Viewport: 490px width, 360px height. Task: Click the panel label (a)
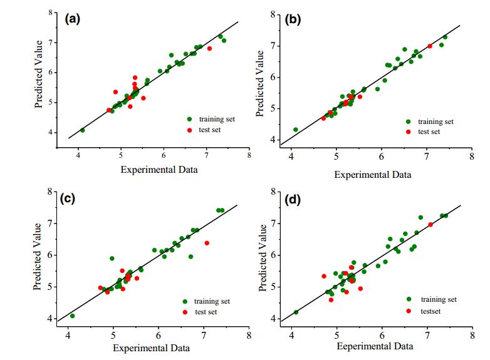click(73, 18)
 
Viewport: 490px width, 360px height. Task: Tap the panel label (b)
click(293, 19)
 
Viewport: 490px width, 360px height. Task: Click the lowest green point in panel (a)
click(82, 130)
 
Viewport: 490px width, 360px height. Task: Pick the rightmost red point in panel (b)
click(430, 46)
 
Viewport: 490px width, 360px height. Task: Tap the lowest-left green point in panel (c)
click(73, 316)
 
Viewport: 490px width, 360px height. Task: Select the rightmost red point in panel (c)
click(207, 243)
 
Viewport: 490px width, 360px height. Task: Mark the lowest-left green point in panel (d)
click(296, 312)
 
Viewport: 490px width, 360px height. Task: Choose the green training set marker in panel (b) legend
click(408, 121)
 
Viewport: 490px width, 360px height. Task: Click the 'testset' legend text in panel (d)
click(433, 310)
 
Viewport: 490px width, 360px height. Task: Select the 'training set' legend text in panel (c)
click(213, 301)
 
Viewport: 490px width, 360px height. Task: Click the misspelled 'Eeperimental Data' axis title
click(375, 346)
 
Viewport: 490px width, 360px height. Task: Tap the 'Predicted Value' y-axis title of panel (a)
click(39, 73)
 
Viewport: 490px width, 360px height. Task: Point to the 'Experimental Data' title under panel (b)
click(373, 174)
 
